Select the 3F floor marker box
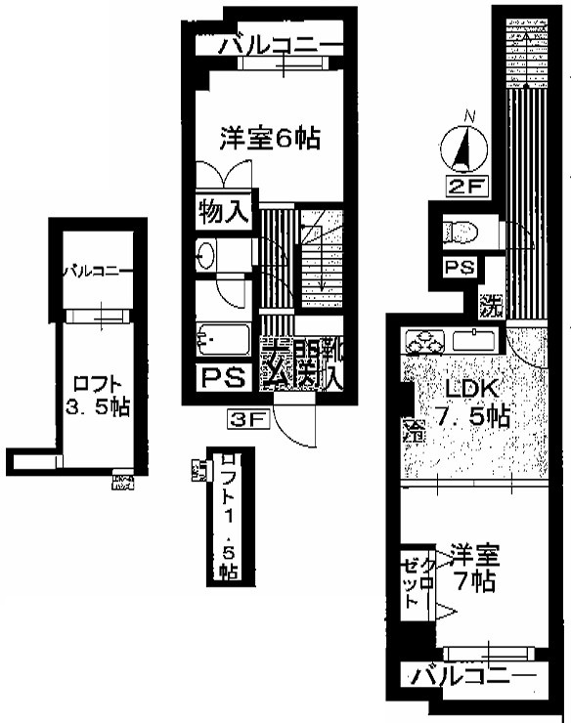(x=247, y=421)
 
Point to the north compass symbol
(x=467, y=149)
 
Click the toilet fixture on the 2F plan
(x=459, y=233)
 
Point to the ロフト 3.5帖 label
(x=95, y=394)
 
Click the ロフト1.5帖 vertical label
(x=229, y=515)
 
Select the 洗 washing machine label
(x=490, y=305)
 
